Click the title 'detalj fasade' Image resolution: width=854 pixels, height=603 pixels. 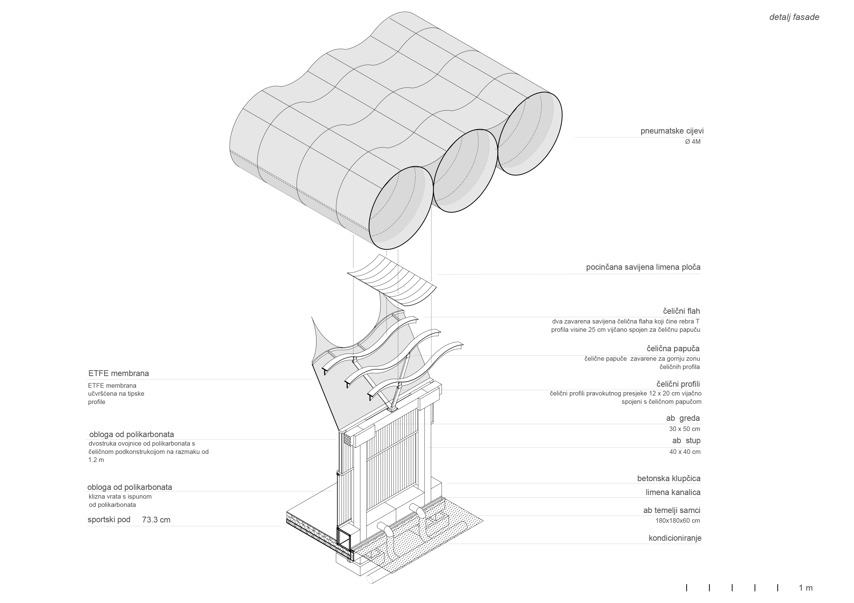click(x=794, y=17)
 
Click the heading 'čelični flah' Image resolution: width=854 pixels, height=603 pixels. click(x=681, y=311)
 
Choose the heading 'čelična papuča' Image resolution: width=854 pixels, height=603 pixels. click(x=673, y=349)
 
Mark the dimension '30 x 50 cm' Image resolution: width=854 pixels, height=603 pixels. click(x=684, y=429)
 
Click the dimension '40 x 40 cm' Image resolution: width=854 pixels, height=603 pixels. click(x=684, y=452)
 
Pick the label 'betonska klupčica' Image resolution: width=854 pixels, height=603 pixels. click(x=668, y=478)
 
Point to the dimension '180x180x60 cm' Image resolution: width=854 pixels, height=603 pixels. click(x=677, y=521)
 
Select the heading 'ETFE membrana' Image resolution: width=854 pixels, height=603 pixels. click(x=118, y=373)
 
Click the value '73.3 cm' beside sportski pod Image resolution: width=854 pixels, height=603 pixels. click(x=156, y=520)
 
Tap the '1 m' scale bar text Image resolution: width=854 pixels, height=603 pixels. click(x=806, y=588)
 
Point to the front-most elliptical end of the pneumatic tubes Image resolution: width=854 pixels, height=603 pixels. click(x=401, y=208)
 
